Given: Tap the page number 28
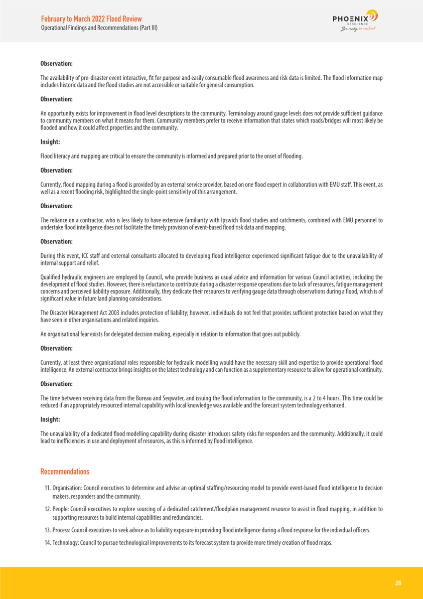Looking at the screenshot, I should click(x=398, y=583).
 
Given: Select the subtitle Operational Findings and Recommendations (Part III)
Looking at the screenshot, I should click(x=99, y=28).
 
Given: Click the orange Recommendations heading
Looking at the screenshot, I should click(x=65, y=472).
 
